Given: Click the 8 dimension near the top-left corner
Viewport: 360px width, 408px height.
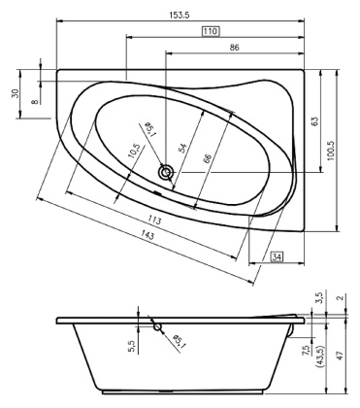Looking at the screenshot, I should tap(35, 97).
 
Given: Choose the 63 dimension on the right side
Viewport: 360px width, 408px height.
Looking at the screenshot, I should tap(313, 121).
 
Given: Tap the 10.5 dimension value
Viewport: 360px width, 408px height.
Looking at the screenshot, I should tap(132, 153).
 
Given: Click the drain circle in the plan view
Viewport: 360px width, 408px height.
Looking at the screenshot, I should tap(168, 172).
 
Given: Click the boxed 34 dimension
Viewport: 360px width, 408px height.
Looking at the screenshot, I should tap(277, 256).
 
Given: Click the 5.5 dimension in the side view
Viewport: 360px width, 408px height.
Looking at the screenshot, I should tap(132, 343).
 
